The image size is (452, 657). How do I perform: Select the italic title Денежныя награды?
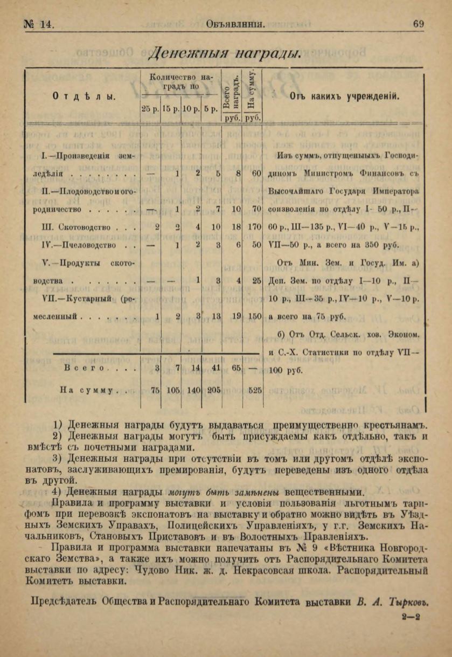tap(224, 53)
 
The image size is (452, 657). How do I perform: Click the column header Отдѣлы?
tap(84, 96)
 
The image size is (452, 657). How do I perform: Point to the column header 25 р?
tap(150, 108)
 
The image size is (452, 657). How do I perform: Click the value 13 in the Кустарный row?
tap(215, 317)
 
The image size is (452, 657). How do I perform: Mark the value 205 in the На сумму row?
tap(214, 391)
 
